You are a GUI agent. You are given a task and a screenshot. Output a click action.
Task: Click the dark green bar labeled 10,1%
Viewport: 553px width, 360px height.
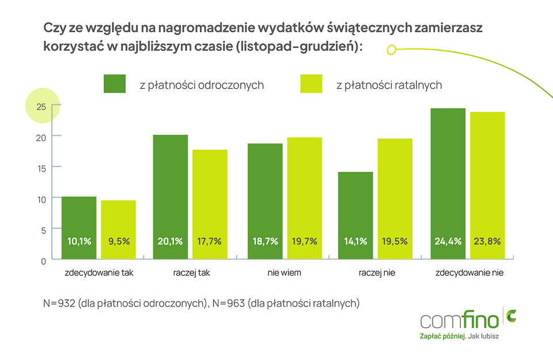pos(79,228)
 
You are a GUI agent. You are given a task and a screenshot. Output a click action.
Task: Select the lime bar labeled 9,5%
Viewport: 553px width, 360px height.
pos(118,229)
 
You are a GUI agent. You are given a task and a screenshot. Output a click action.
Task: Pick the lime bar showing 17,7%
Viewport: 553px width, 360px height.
pos(210,204)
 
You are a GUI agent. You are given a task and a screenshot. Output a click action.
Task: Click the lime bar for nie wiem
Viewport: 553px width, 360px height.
pos(304,198)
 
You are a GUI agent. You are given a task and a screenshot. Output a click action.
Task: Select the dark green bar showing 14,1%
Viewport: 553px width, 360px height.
pos(355,215)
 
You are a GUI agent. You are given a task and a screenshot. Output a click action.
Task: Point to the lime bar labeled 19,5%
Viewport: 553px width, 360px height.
pos(395,199)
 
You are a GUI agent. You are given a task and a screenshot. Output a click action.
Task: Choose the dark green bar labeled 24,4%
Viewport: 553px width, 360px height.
pos(448,184)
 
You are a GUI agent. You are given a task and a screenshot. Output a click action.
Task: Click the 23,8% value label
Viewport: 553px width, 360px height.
pos(487,241)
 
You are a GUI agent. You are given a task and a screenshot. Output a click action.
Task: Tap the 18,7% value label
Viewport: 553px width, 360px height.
pos(265,241)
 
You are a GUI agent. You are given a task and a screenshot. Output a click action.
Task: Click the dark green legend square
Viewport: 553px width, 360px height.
pos(115,84)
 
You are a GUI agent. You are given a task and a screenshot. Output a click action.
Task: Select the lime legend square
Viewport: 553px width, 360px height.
pos(311,84)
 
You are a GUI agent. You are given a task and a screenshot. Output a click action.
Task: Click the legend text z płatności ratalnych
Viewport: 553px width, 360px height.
pos(389,85)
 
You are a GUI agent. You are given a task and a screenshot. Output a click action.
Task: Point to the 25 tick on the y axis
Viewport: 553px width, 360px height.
pos(41,106)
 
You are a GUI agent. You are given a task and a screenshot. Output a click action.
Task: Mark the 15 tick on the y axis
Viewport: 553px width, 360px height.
pos(41,167)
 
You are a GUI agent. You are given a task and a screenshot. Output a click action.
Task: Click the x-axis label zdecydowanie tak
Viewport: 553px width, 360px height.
pos(99,272)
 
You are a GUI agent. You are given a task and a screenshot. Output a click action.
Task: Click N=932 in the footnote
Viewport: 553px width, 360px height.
pos(60,303)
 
